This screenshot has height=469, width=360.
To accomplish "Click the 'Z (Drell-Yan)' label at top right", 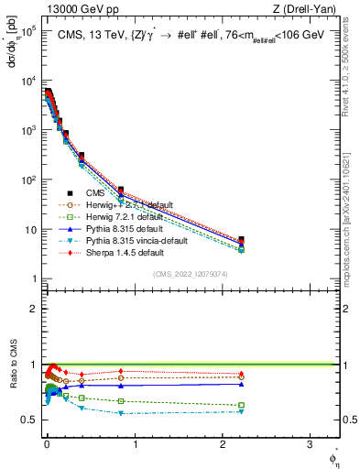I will pyautogui.click(x=308, y=9).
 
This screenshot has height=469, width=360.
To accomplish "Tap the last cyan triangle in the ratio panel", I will pyautogui.click(x=241, y=411).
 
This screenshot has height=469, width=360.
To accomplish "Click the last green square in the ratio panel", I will pyautogui.click(x=241, y=405).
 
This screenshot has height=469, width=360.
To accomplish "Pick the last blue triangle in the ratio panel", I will pyautogui.click(x=241, y=384).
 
